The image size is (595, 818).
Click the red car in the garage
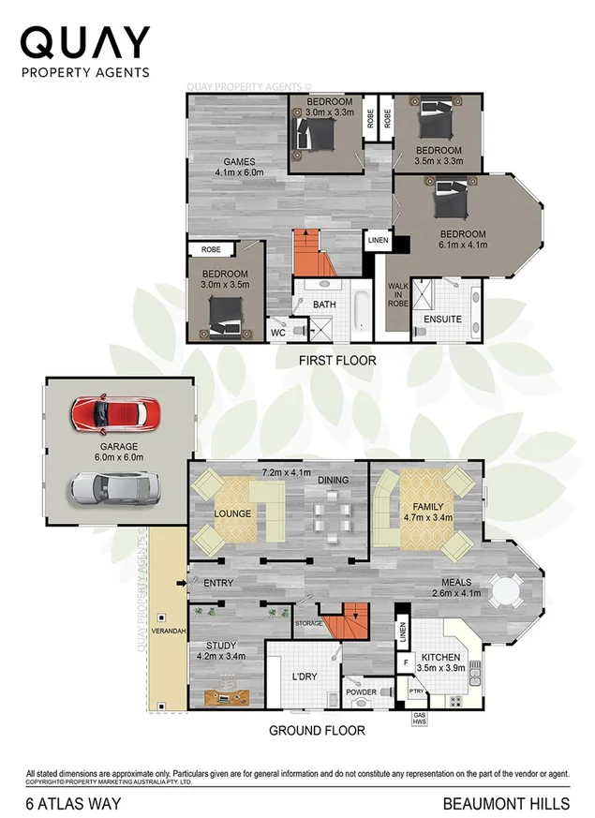point(115,412)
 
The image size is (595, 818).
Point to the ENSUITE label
point(442,320)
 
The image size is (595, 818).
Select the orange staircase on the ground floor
point(351,622)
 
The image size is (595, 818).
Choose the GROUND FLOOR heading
point(317,731)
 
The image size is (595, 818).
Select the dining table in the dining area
point(335,515)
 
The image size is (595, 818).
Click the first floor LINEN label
point(377,240)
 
